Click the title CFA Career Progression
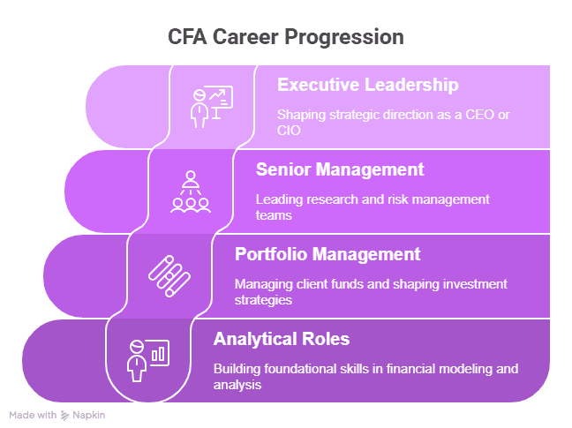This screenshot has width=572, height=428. tap(286, 38)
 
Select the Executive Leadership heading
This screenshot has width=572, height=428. tap(367, 86)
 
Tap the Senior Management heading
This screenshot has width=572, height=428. tap(340, 169)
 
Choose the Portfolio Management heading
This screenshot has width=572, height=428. tap(327, 254)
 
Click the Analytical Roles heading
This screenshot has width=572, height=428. tap(282, 339)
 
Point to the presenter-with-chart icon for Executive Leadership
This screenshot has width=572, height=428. tap(211, 106)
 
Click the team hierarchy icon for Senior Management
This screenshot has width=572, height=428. tap(190, 191)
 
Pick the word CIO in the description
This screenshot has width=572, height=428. tap(290, 131)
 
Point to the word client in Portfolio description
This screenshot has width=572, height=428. tap(317, 284)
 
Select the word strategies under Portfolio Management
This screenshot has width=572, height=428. tap(264, 299)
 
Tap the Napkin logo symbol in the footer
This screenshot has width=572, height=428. tap(64, 415)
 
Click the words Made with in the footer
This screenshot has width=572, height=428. tap(33, 415)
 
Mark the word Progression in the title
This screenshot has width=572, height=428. tap(348, 38)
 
